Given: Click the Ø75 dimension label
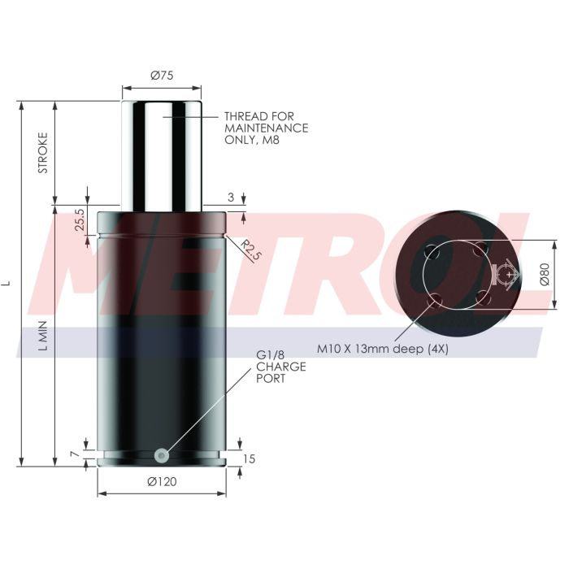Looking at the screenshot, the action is pos(163,76).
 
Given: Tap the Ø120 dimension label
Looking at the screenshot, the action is pos(163,482).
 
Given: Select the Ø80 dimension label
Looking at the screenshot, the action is pos(545,275).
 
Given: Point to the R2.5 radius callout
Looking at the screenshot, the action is pos(250,250).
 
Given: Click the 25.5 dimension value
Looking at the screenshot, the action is pos(80,219).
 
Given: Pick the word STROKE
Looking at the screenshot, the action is pos(43,153).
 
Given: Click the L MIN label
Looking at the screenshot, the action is pos(43,335).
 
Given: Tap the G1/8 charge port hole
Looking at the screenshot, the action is pos(162,455).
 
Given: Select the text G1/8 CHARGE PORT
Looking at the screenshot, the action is pos(281,367).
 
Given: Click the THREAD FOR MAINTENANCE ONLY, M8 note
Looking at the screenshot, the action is pos(267,128).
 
